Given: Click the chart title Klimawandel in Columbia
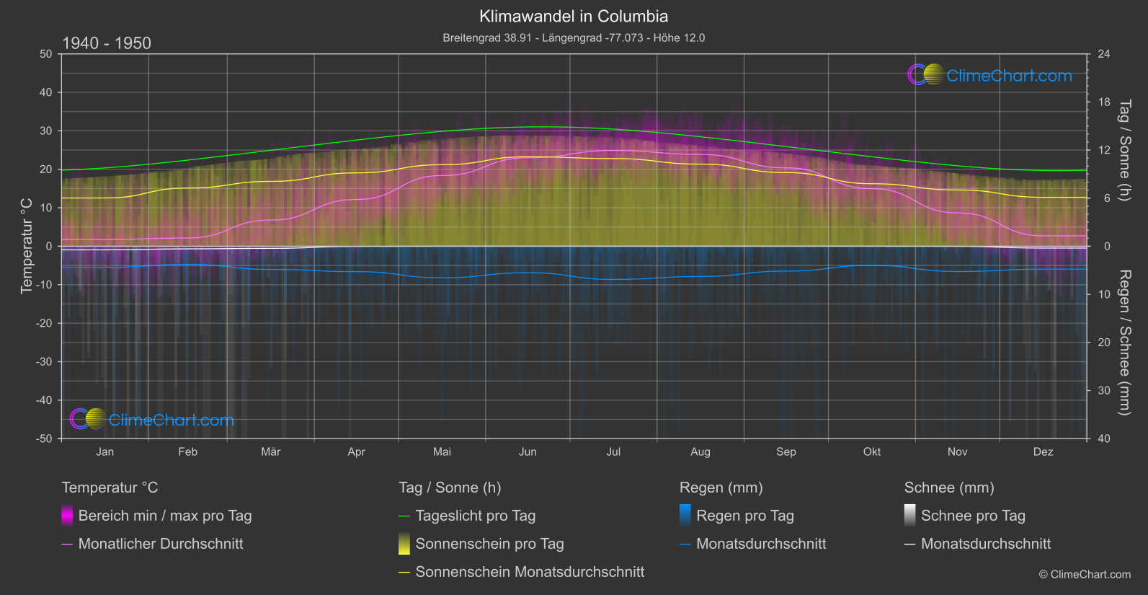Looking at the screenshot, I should tap(574, 17).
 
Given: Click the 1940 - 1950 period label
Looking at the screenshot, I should tap(107, 43).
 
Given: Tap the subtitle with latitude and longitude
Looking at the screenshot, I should tap(574, 38).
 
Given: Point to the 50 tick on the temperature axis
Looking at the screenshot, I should tap(46, 54).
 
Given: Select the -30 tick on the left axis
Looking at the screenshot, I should tap(44, 362).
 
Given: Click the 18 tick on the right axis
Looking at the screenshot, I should tap(1104, 102).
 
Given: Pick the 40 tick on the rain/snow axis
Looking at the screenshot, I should tap(1104, 438).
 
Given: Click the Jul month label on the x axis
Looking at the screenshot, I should tap(613, 452).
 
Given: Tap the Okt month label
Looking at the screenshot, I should tap(872, 452).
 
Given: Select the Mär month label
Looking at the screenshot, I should tap(271, 452).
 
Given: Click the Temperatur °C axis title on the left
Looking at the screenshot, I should tap(27, 246).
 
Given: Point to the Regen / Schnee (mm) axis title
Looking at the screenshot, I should tap(1124, 343).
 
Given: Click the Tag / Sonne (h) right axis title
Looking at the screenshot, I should tap(1124, 150).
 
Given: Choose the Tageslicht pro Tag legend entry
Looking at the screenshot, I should tap(475, 516).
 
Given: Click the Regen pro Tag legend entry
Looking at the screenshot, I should tap(744, 516).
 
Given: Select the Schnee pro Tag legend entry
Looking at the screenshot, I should tap(972, 516).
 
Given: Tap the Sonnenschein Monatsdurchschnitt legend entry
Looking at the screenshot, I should tap(529, 572).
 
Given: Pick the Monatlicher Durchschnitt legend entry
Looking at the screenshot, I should tap(160, 544).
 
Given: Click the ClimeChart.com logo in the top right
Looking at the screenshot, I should tap(990, 75).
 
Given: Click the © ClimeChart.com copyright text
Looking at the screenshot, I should tap(1085, 575).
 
